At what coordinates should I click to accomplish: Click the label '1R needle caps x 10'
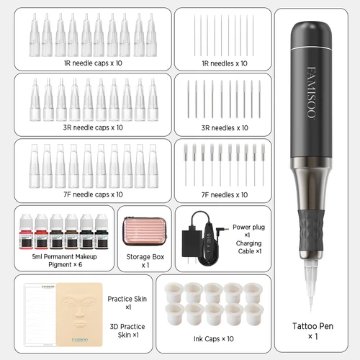[x=93, y=63]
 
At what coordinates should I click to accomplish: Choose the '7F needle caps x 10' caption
[x=93, y=194]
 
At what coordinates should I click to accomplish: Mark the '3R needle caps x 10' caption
[x=93, y=127]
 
